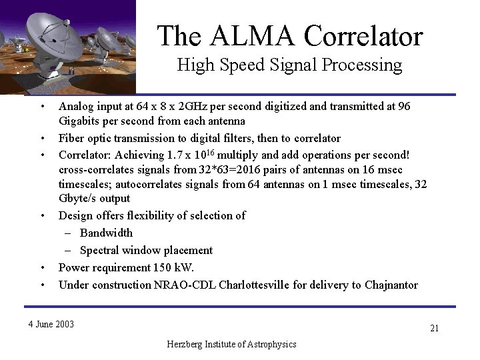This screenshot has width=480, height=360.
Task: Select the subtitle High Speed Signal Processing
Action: click(x=289, y=65)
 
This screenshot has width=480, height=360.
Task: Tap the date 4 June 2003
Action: click(x=51, y=324)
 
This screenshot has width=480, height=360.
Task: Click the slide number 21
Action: click(x=434, y=328)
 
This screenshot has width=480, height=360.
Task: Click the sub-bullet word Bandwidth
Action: click(x=106, y=233)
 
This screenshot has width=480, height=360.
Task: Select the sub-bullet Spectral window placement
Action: click(x=146, y=250)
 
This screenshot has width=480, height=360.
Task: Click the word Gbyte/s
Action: click(x=80, y=198)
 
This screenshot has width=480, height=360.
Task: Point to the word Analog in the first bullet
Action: click(x=75, y=106)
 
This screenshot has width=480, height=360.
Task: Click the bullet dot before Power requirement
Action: click(x=41, y=268)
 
